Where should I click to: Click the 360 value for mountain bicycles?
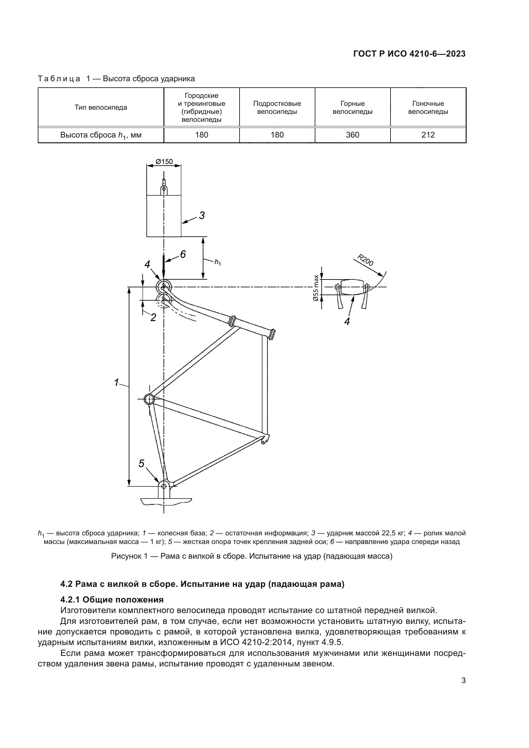click(352, 135)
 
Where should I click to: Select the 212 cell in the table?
click(428, 135)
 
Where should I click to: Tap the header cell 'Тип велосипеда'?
click(101, 107)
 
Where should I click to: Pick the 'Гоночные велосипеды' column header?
click(428, 107)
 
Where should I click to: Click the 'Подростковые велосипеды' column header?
click(277, 107)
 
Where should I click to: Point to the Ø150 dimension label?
click(164, 161)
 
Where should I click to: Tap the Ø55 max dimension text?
click(316, 288)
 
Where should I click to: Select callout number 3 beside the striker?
click(201, 215)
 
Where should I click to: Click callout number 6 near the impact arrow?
click(183, 255)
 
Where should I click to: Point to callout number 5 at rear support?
click(141, 464)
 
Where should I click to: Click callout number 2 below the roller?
click(153, 317)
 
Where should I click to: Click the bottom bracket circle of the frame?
click(149, 399)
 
